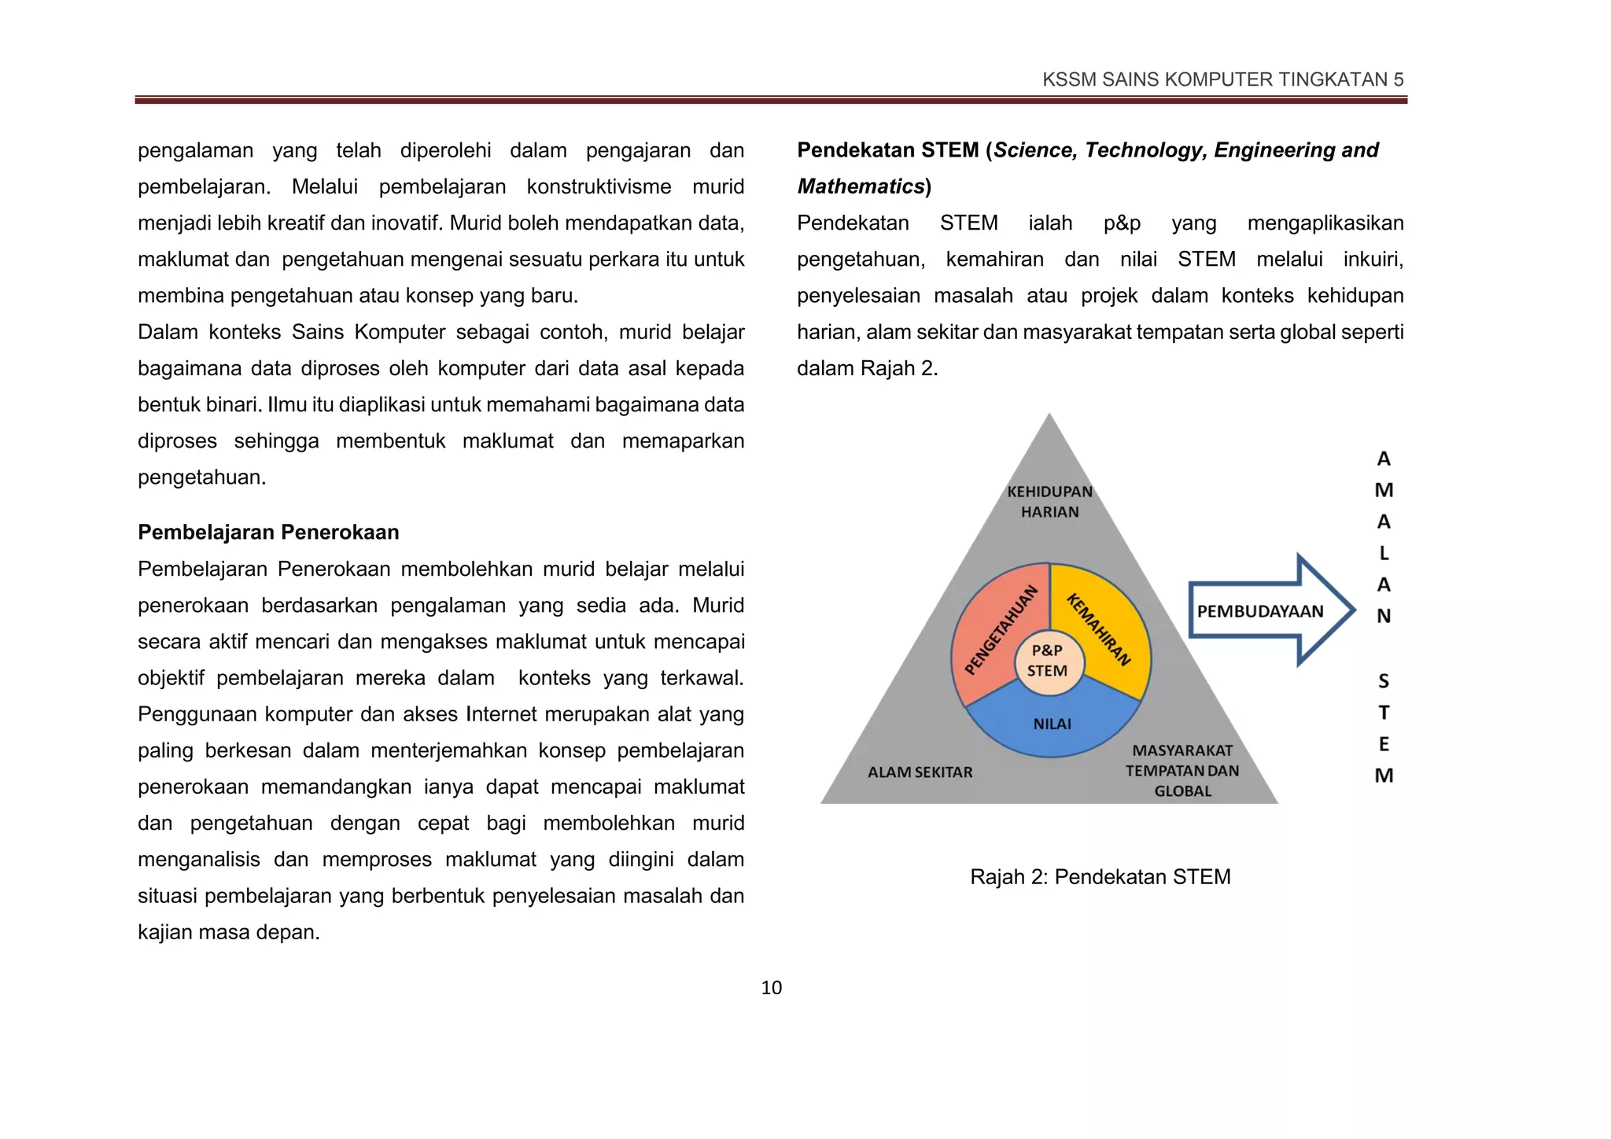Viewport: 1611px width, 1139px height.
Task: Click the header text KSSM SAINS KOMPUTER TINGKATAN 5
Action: pos(1222,79)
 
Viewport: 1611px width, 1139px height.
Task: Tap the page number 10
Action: pos(771,988)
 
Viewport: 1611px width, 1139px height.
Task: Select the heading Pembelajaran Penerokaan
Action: pos(268,533)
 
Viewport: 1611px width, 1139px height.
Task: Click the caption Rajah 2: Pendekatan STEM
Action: pos(1100,877)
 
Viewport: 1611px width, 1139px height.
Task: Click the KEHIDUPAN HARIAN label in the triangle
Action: pos(1049,502)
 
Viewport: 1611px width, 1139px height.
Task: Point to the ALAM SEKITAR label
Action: pos(920,772)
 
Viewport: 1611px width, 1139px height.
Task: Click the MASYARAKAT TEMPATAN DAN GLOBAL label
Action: pos(1182,771)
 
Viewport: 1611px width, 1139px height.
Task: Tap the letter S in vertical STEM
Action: pos(1383,681)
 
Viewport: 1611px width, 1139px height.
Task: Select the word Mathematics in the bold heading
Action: pos(861,186)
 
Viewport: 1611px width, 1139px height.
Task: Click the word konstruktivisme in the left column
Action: pos(599,186)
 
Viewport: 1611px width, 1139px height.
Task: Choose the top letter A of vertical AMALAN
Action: pos(1383,459)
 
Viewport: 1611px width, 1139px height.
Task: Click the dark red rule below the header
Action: pos(771,100)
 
